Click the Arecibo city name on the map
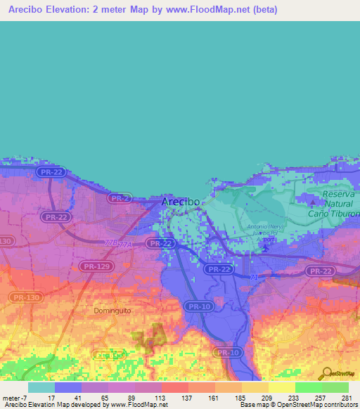pos(181,201)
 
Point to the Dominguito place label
pos(112,309)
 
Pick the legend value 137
pos(188,398)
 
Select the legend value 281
pos(345,398)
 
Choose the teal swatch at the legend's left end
pos(41,387)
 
